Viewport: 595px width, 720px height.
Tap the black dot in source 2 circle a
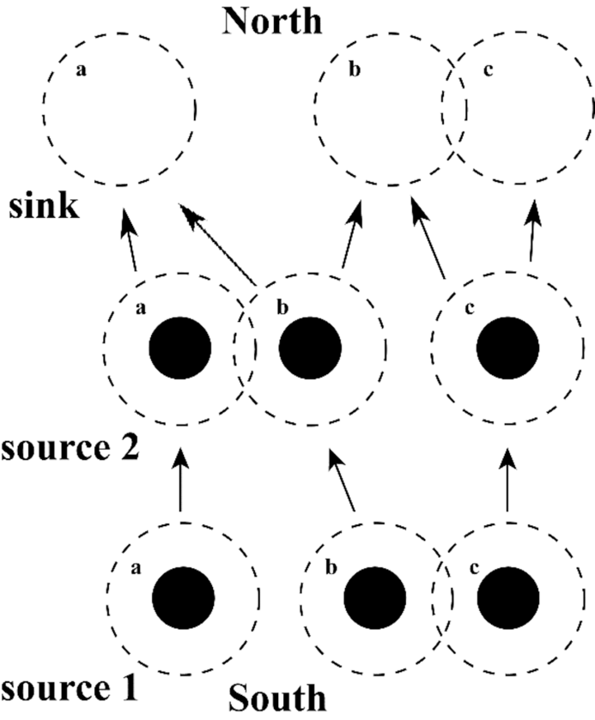click(x=180, y=347)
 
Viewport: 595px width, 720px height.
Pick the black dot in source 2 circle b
click(x=310, y=347)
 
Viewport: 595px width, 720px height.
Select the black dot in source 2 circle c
click(x=507, y=347)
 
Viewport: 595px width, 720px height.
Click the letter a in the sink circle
click(x=81, y=71)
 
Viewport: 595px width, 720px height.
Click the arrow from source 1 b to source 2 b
click(x=343, y=485)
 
